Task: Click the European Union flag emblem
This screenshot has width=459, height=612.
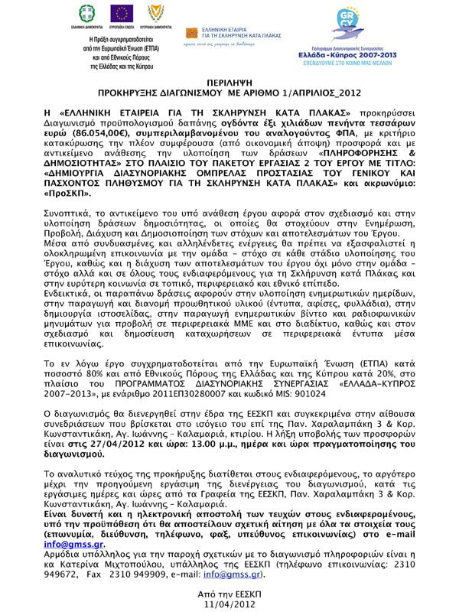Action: [122, 13]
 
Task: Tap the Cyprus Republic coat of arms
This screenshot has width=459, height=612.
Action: [155, 13]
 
